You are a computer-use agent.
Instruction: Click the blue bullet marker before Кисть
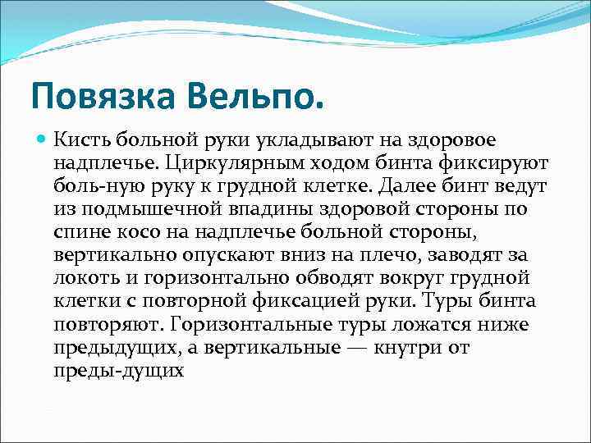coord(40,141)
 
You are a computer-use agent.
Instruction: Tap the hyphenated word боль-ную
coord(94,187)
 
